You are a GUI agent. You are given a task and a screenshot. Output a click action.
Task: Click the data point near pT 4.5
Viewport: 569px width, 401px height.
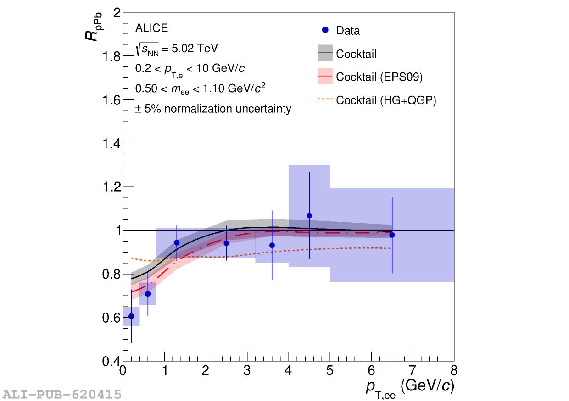pyautogui.click(x=309, y=215)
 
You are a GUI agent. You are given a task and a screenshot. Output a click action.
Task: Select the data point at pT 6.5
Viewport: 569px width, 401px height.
pyautogui.click(x=392, y=235)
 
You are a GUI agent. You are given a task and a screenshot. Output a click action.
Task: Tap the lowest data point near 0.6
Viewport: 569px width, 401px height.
pyautogui.click(x=131, y=316)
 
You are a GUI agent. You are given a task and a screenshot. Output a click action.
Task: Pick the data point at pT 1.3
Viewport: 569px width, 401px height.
pyautogui.click(x=177, y=242)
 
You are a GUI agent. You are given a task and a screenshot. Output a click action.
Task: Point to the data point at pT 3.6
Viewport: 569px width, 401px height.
pyautogui.click(x=272, y=245)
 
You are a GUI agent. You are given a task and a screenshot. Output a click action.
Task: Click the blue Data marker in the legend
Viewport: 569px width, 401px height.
pyautogui.click(x=325, y=30)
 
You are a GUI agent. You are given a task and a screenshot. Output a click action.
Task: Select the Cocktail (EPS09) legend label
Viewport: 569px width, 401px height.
pyautogui.click(x=379, y=77)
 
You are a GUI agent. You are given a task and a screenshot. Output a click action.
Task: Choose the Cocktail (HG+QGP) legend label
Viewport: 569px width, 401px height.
pyautogui.click(x=386, y=100)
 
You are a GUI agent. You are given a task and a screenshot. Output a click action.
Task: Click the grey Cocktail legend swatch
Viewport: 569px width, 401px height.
pyautogui.click(x=325, y=53)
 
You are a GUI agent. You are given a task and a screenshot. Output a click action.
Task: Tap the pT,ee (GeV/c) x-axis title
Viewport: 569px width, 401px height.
pyautogui.click(x=410, y=387)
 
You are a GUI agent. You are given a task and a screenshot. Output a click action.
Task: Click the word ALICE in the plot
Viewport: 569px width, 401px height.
pyautogui.click(x=151, y=28)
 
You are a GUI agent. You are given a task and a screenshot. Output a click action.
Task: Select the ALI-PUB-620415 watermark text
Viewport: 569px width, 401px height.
pyautogui.click(x=62, y=394)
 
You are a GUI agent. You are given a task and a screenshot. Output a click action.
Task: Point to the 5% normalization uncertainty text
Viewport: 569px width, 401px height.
pyautogui.click(x=213, y=109)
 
